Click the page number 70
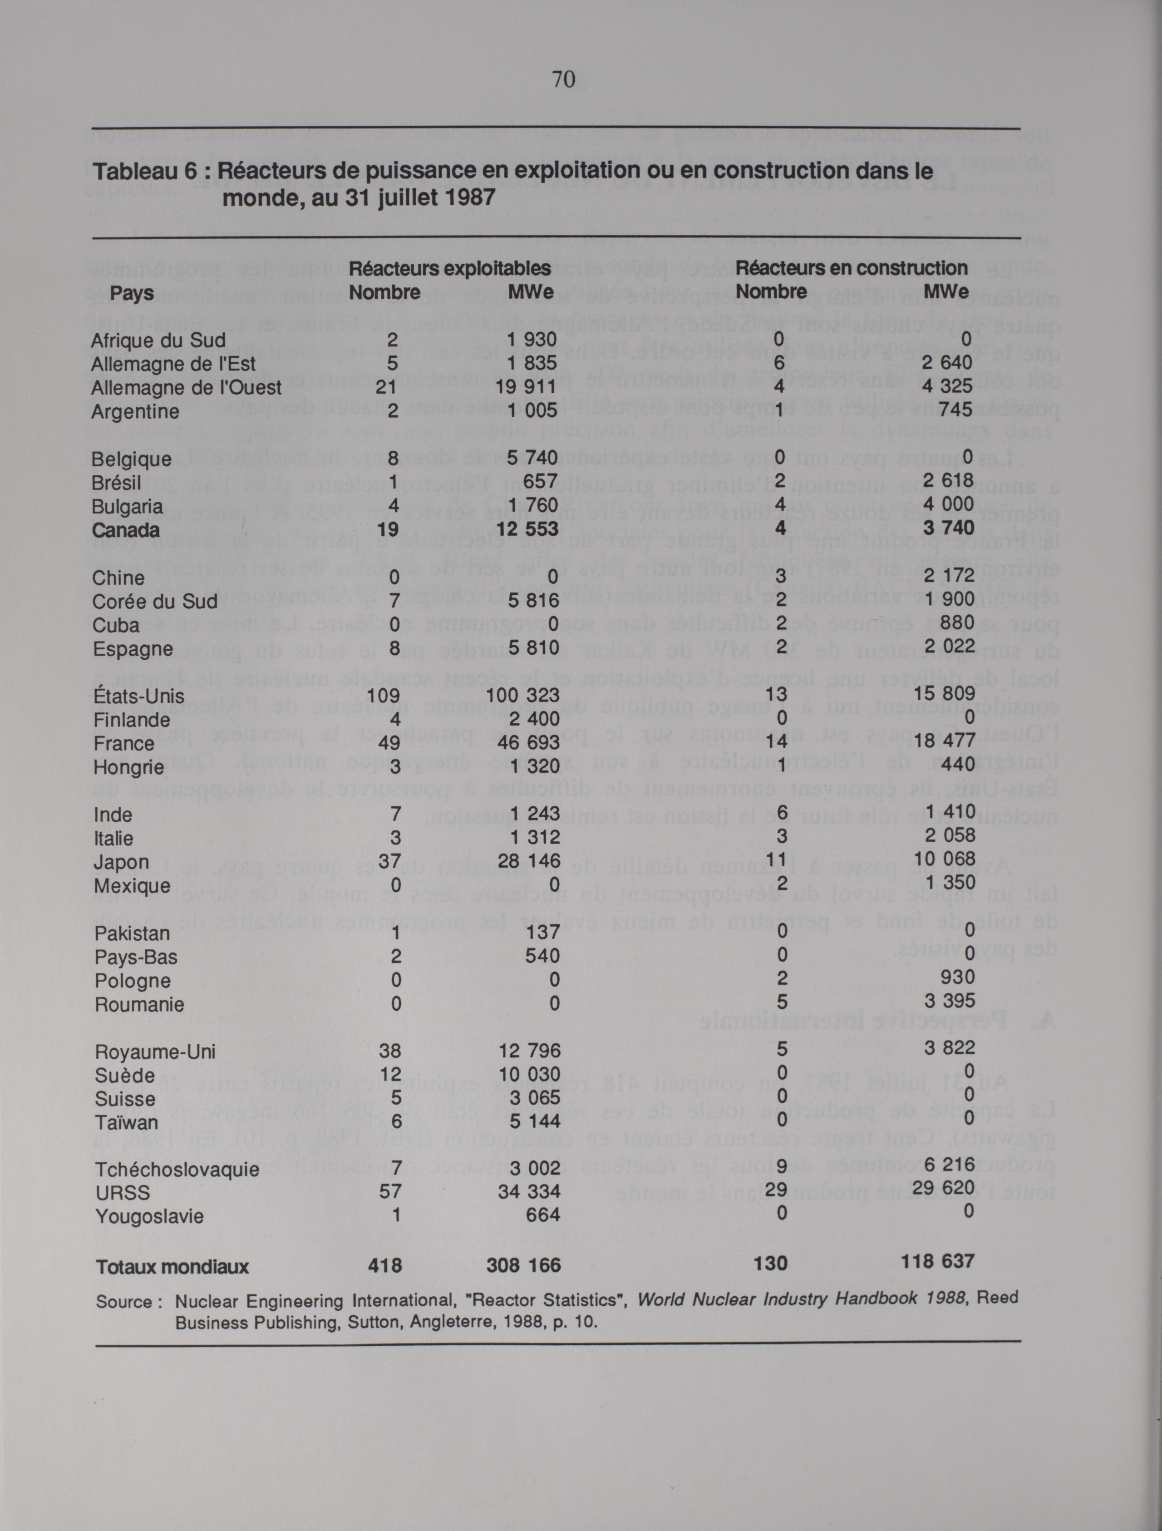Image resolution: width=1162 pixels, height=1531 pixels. click(x=563, y=80)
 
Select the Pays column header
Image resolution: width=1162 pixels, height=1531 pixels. click(x=132, y=293)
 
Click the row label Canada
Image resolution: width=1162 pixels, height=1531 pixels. click(x=125, y=530)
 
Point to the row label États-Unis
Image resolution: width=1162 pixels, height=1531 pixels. click(x=138, y=696)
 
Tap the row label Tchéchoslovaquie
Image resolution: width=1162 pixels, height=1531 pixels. click(x=177, y=1169)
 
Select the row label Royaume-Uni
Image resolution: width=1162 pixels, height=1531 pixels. click(x=155, y=1052)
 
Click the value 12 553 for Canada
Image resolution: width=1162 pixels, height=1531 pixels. click(x=527, y=529)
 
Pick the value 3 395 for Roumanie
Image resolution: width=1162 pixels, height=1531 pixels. click(x=950, y=1000)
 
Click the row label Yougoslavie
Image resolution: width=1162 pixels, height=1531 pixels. click(x=149, y=1216)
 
